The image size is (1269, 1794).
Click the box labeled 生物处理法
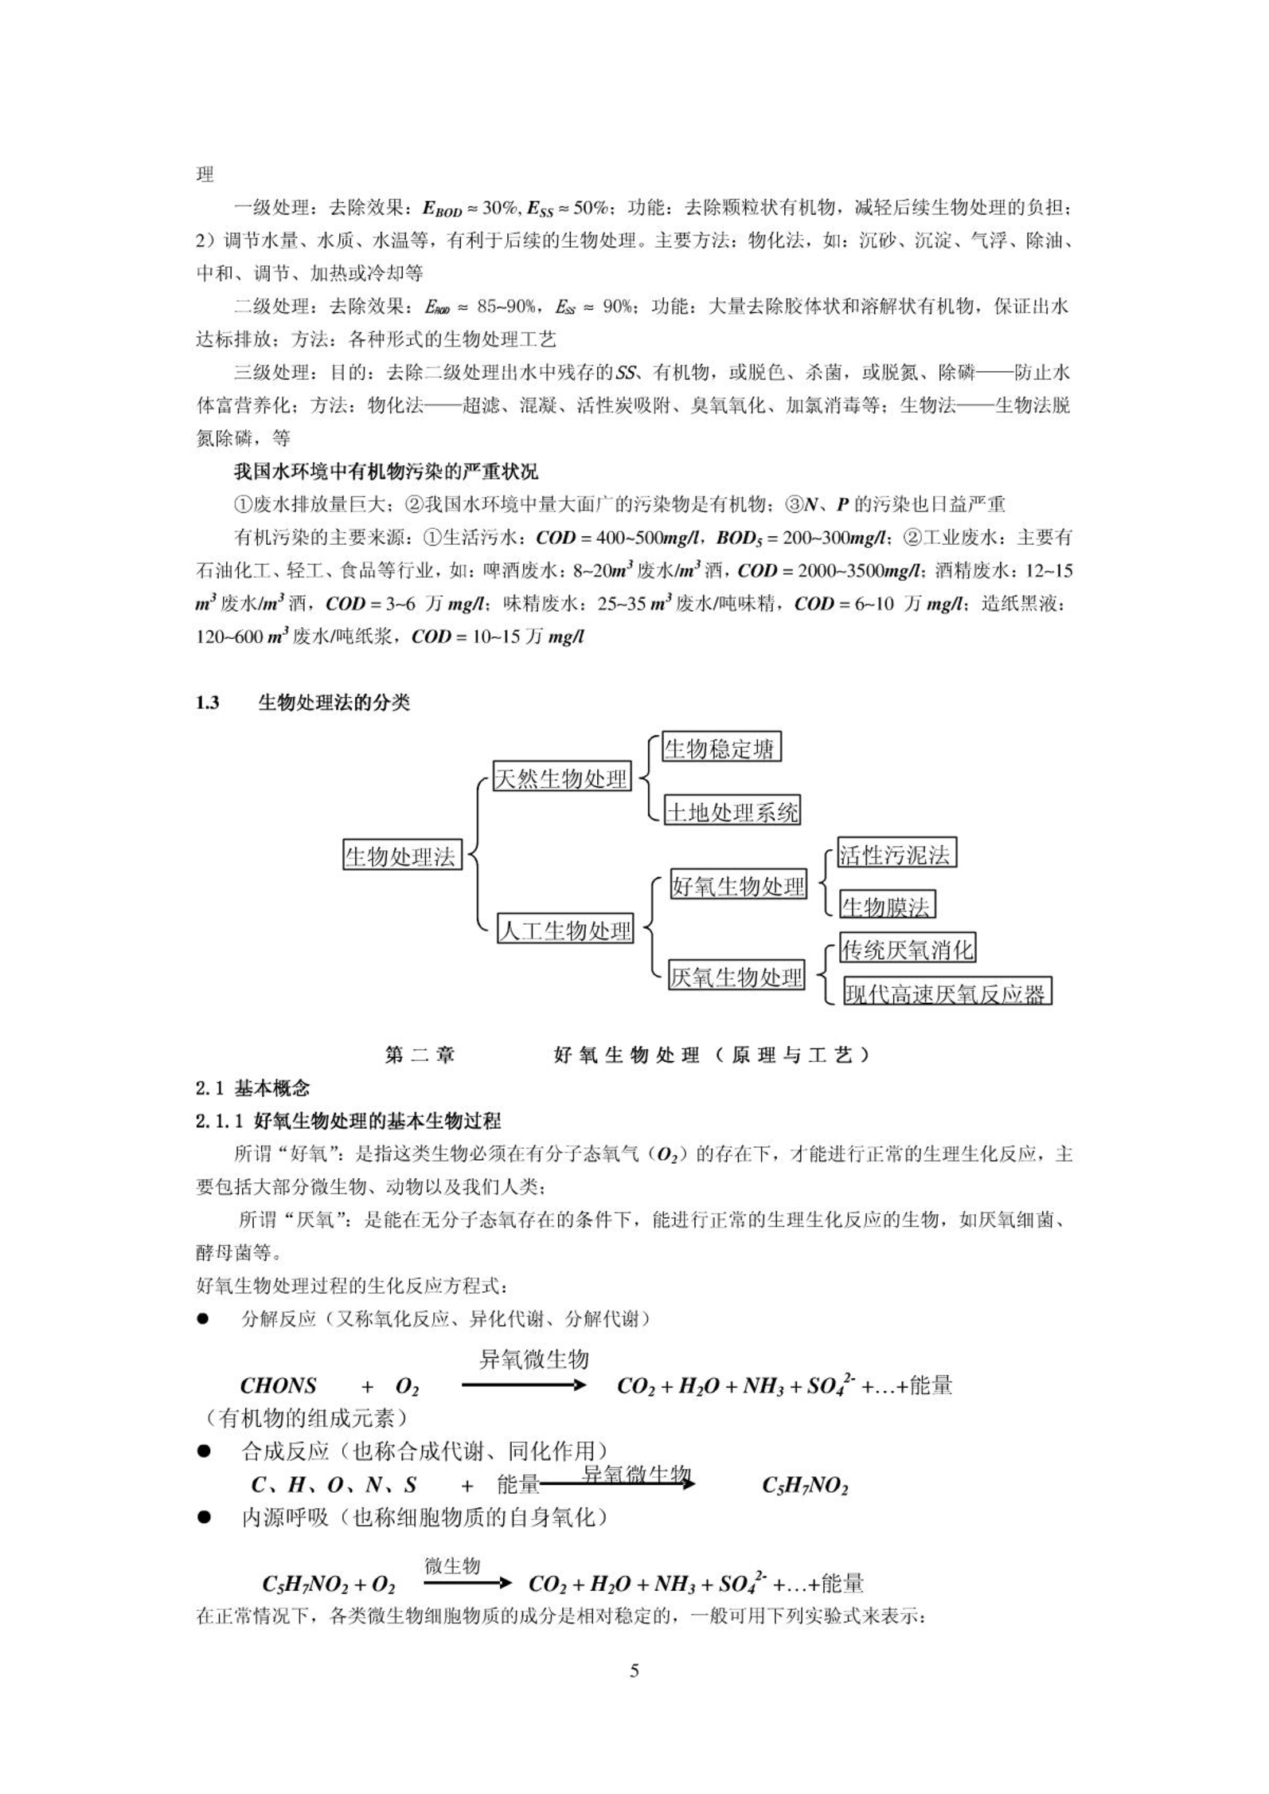[401, 856]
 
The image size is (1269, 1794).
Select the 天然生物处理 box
[561, 778]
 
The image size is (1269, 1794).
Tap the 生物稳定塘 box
[720, 748]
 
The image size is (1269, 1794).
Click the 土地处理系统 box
[732, 812]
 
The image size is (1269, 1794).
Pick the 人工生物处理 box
[565, 930]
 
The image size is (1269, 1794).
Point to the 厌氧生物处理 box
[736, 977]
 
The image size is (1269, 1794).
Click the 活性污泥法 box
[896, 854]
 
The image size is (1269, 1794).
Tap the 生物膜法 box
[886, 906]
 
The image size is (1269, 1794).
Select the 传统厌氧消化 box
[907, 949]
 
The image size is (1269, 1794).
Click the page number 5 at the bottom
[634, 1671]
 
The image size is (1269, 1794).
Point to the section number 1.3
[208, 703]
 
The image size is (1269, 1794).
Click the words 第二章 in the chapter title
[420, 1056]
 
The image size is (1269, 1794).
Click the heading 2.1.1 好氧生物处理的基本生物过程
[348, 1121]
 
